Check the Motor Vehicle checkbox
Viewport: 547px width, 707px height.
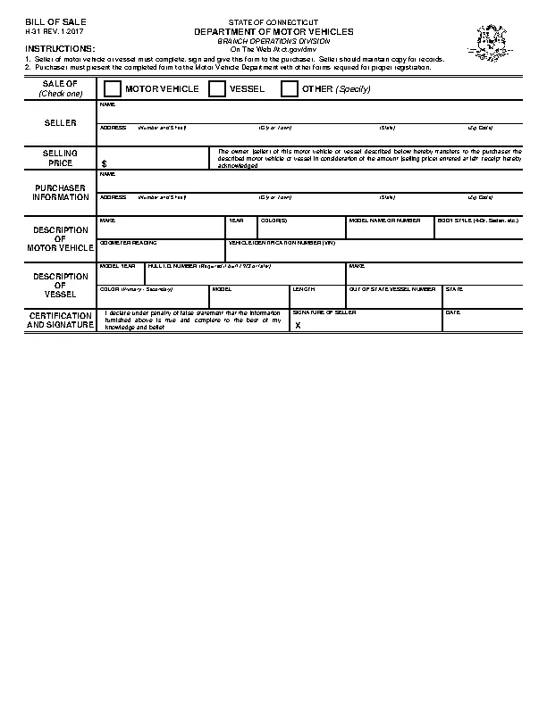coord(113,88)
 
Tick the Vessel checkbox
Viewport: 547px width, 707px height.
coord(217,88)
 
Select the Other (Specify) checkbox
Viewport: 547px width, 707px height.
coord(290,88)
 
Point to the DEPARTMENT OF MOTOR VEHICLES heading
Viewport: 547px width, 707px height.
coord(273,31)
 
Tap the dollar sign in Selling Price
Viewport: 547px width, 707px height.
coord(104,164)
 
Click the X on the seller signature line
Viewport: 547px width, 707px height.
coord(298,326)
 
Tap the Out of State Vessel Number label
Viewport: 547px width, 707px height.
coord(391,289)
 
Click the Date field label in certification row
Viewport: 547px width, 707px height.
coord(452,312)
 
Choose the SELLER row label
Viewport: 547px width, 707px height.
coord(61,122)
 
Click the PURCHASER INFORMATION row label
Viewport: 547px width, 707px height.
coord(61,192)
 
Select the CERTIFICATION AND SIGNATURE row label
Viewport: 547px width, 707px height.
coord(61,320)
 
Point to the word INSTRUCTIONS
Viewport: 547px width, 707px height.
coord(60,48)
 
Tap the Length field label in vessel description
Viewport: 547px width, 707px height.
coord(304,289)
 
